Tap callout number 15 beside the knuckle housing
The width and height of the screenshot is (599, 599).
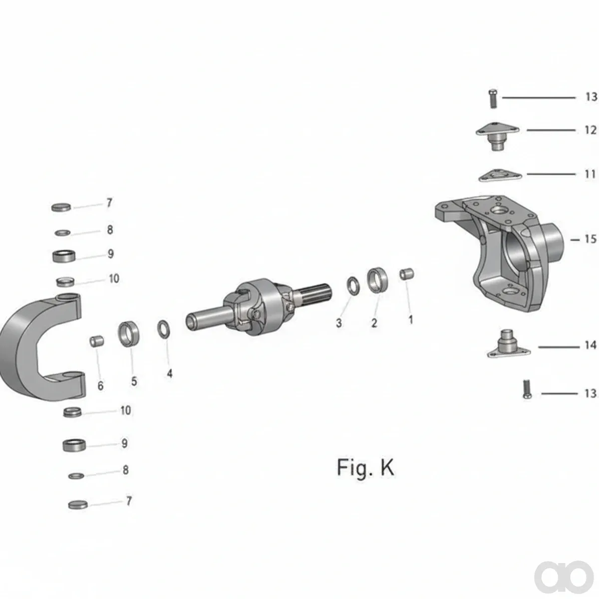click(591, 239)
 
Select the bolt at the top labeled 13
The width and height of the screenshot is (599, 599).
click(492, 98)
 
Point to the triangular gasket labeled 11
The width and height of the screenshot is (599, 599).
click(500, 175)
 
